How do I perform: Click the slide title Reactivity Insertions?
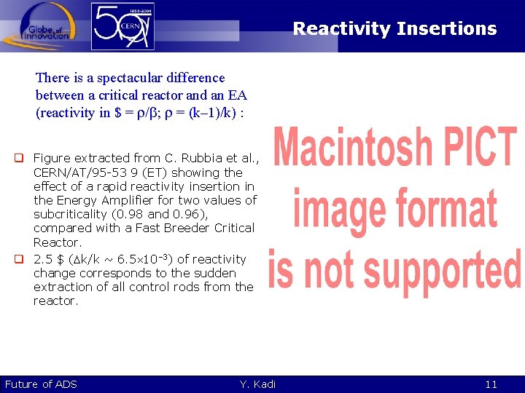coord(394,29)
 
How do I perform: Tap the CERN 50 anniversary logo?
coord(122,26)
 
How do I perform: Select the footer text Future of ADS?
coord(41,384)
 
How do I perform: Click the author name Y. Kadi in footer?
coord(257,384)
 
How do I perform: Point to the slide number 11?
coord(491,384)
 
